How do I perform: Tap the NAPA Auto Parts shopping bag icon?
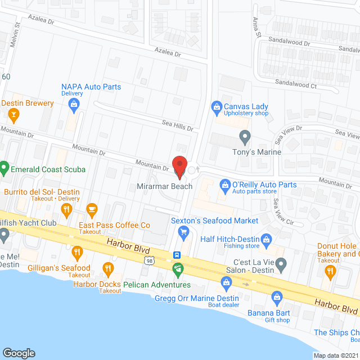(x=74, y=103)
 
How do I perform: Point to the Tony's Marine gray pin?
(x=245, y=136)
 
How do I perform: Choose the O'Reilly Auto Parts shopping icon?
(x=224, y=184)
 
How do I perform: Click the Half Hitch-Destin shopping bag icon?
(x=268, y=238)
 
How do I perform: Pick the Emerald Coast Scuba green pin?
(x=4, y=167)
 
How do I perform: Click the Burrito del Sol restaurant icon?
(x=67, y=210)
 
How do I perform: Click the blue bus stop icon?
(x=177, y=254)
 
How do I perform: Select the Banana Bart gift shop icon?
(x=276, y=296)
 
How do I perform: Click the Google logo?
(x=19, y=353)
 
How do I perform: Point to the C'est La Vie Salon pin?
(x=282, y=263)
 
